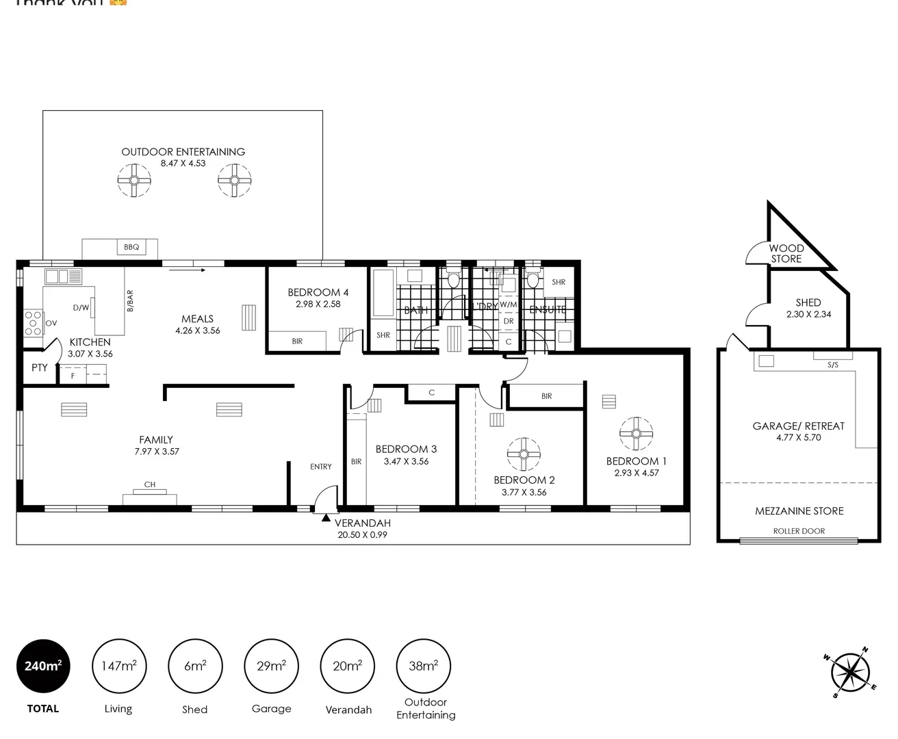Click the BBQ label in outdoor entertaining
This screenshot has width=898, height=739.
point(131,247)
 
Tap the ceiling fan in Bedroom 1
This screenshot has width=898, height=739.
point(636,433)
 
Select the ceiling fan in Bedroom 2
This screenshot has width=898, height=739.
point(524,454)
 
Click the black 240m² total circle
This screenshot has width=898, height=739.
point(43,666)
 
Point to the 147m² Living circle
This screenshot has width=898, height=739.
point(118,666)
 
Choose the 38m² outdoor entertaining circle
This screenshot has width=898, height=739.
point(424,666)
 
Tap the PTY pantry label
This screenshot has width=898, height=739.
point(40,368)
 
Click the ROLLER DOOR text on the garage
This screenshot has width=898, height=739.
point(799,531)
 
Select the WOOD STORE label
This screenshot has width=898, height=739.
point(786,254)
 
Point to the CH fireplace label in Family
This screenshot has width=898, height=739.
point(149,484)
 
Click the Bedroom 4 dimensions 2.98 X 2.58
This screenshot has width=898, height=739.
point(318,304)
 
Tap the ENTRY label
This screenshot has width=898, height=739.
point(320,467)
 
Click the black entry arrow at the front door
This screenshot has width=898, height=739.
point(326,518)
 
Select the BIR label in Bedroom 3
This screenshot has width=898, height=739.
point(356,462)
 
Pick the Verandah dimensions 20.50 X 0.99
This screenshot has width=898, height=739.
point(362,535)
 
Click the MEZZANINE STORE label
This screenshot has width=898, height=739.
point(799,511)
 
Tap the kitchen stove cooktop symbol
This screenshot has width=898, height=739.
point(34,323)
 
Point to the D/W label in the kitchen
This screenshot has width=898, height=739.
point(81,308)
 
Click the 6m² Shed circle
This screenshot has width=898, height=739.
point(195,666)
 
